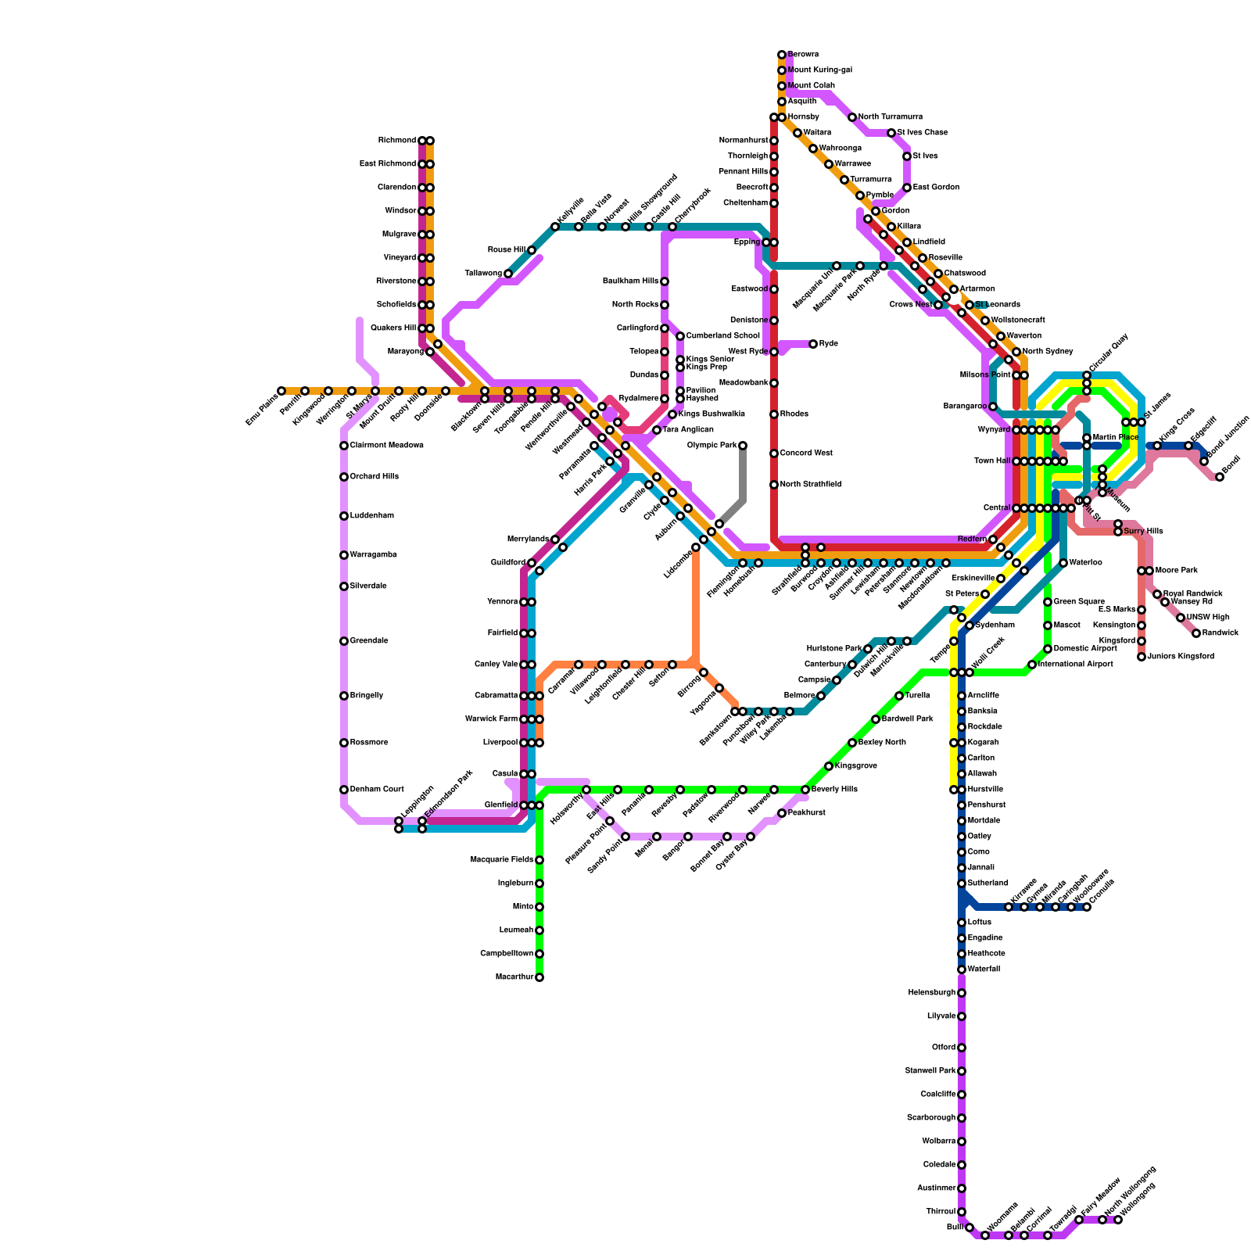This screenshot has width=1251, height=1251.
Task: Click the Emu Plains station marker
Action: pyautogui.click(x=281, y=391)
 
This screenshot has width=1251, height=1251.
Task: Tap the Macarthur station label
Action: pyautogui.click(x=514, y=977)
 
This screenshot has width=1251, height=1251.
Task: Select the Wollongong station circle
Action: pyautogui.click(x=1118, y=1220)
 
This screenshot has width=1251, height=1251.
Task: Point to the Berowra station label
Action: pyautogui.click(x=803, y=55)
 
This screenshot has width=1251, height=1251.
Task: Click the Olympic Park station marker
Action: pyautogui.click(x=743, y=446)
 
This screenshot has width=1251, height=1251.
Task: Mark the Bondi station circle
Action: pyautogui.click(x=1220, y=477)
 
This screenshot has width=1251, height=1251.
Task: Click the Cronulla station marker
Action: pyautogui.click(x=1087, y=907)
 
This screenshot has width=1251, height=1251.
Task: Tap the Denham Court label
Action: pyautogui.click(x=377, y=790)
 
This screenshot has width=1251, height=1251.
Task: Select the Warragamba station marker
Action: pyautogui.click(x=344, y=555)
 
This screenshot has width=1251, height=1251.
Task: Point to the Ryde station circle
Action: pyautogui.click(x=813, y=344)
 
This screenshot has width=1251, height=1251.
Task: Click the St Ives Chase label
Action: pyautogui.click(x=923, y=133)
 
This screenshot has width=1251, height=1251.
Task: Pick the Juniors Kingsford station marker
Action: pyautogui.click(x=1142, y=657)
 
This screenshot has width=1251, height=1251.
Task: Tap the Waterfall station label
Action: pyautogui.click(x=984, y=970)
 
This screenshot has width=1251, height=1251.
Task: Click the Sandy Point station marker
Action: pyautogui.click(x=625, y=837)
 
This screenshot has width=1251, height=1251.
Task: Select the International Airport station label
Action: pyautogui.click(x=1075, y=665)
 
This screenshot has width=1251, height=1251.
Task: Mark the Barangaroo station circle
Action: pyautogui.click(x=993, y=407)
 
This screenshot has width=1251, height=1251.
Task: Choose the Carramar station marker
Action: pyautogui.click(x=579, y=665)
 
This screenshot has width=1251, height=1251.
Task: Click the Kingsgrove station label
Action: pyautogui.click(x=855, y=766)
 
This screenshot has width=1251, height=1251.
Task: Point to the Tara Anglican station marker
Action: pyautogui.click(x=657, y=430)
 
